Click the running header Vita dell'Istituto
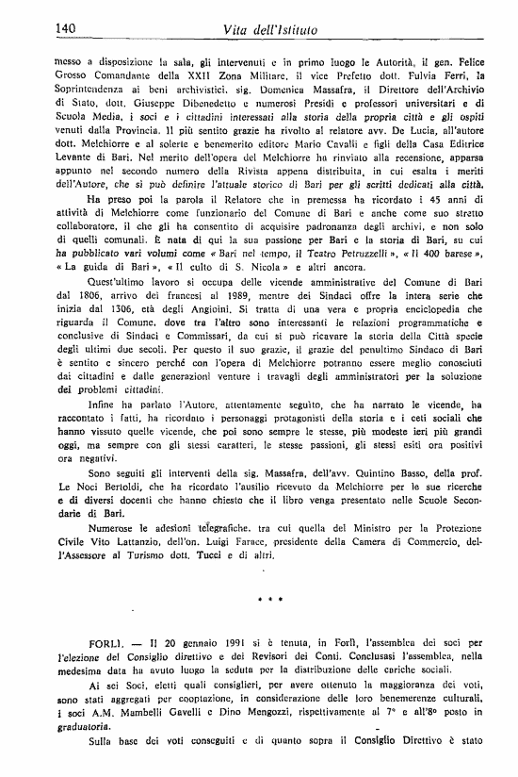pyautogui.click(x=268, y=31)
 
